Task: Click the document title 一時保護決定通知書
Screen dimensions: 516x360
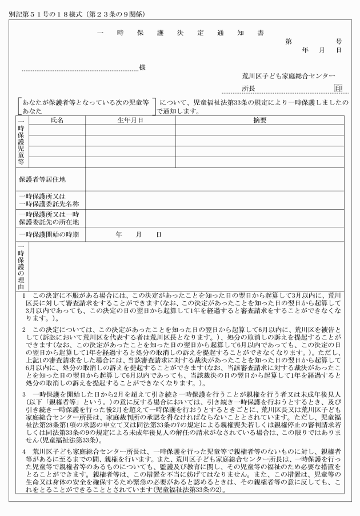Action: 179,33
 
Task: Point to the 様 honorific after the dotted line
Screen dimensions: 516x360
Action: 142,68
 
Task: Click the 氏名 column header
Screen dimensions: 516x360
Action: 57,121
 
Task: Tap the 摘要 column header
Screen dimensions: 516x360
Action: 260,121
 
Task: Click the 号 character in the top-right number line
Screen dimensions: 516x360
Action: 339,41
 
